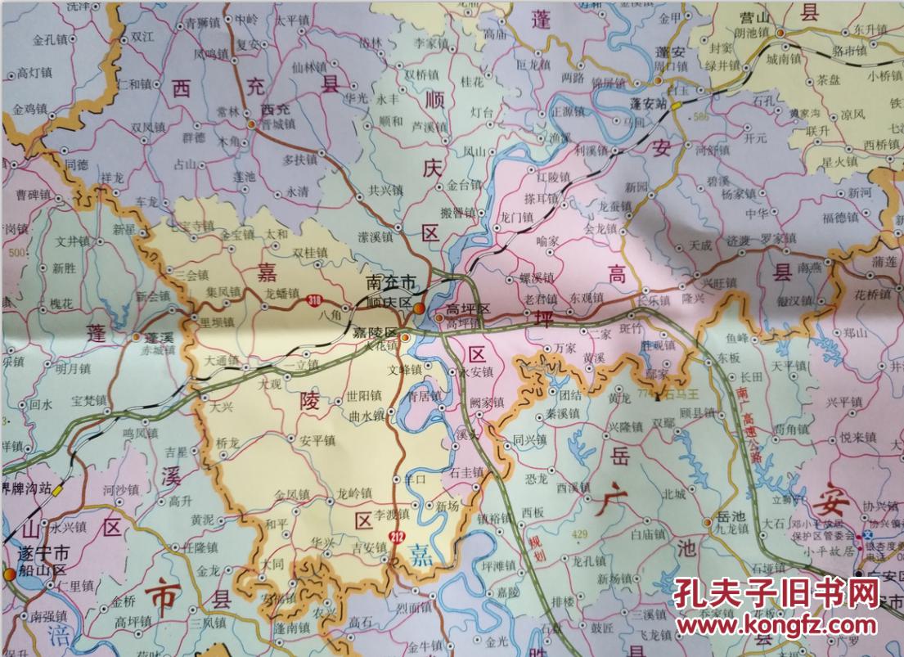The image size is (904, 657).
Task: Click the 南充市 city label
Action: pyautogui.click(x=392, y=282)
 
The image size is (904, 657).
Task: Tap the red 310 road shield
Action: pyautogui.click(x=315, y=301)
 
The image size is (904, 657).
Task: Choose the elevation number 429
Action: pyautogui.click(x=579, y=533)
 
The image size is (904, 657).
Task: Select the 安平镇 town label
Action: pyautogui.click(x=317, y=439)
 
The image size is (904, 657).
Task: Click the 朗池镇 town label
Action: pyautogui.click(x=751, y=32)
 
